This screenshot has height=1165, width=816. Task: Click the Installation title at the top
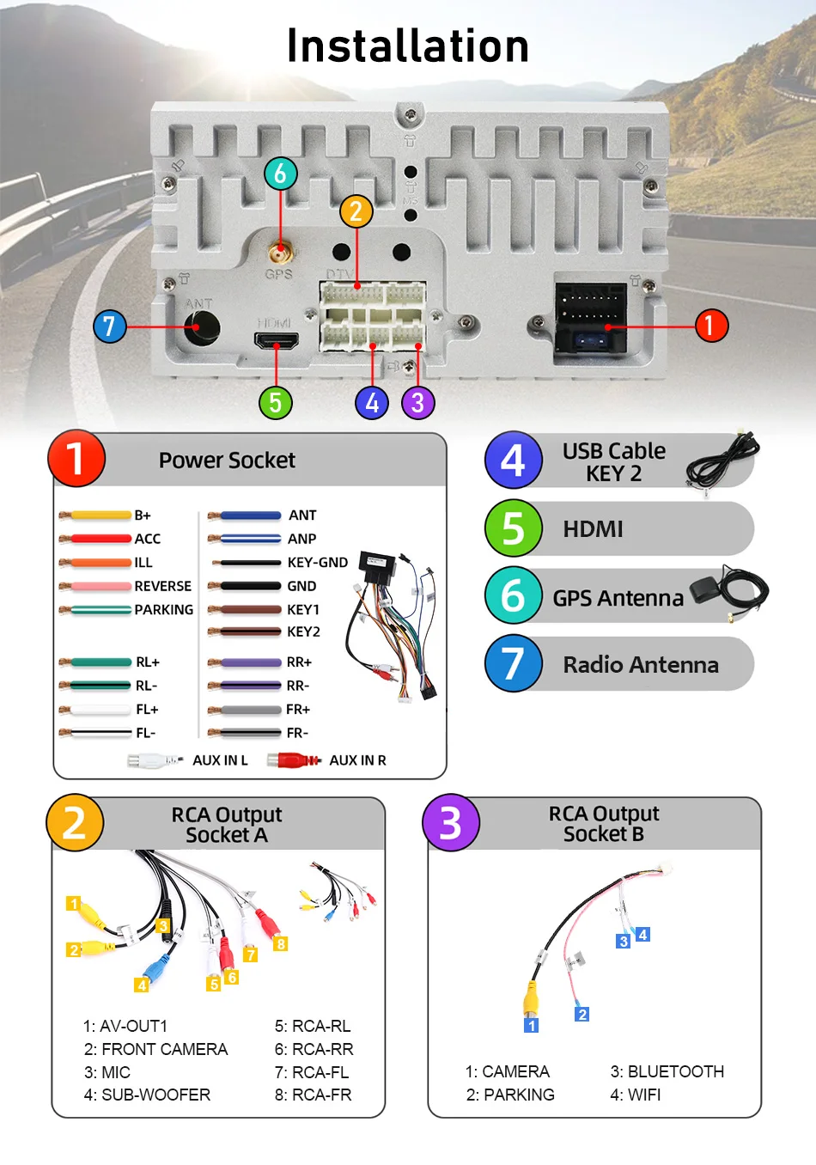tap(407, 46)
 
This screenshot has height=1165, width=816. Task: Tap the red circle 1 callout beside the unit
tap(710, 326)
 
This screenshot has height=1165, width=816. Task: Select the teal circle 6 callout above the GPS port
tap(280, 174)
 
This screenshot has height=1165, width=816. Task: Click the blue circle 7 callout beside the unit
tap(109, 326)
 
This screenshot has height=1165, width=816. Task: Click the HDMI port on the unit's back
tap(277, 341)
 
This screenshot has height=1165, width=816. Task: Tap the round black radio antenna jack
tap(202, 327)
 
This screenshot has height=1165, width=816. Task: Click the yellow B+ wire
tap(100, 515)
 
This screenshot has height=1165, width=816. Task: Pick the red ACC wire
tap(100, 539)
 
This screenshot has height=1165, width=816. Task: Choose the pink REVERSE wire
tap(100, 586)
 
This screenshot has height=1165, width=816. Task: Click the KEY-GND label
tap(317, 563)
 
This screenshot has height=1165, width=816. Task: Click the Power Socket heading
tap(227, 461)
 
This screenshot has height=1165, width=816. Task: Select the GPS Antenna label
tap(618, 598)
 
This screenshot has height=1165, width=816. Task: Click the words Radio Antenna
tap(641, 665)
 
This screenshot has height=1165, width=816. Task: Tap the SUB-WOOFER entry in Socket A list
tap(147, 1095)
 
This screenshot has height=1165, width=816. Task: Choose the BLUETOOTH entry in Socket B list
tap(667, 1072)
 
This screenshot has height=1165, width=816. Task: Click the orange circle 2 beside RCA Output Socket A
tap(76, 822)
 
